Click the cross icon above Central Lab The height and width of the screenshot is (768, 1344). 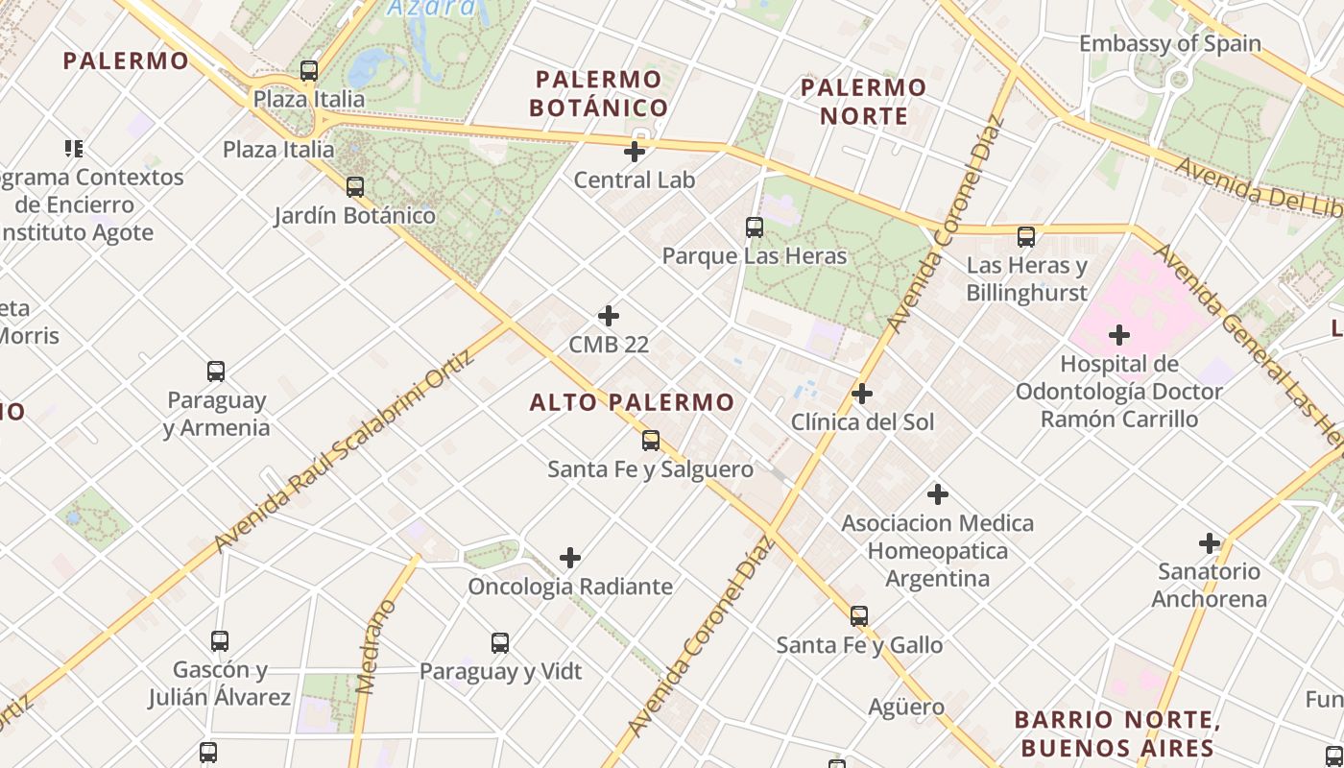click(635, 151)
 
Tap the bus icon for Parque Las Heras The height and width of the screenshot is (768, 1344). click(755, 228)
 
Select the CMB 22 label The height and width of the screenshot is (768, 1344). click(609, 344)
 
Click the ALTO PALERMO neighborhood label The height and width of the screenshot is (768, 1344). click(632, 402)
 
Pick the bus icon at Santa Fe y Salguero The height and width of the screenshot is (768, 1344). click(651, 441)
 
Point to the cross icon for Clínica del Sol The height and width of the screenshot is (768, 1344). click(862, 394)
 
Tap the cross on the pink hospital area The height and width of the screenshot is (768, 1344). click(1118, 335)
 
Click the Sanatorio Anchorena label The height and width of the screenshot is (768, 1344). click(1209, 585)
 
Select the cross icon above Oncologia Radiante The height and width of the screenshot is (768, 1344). click(570, 558)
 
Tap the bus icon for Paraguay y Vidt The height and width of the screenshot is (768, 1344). click(500, 643)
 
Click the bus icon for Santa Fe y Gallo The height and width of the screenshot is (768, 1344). click(859, 616)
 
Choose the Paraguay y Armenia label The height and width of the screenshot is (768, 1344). click(217, 413)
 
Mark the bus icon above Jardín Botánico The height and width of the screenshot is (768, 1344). click(355, 187)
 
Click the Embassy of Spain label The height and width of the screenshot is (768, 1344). click(1169, 43)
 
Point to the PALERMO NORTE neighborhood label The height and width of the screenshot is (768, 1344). click(863, 102)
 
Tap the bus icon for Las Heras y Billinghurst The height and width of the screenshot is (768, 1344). click(1026, 237)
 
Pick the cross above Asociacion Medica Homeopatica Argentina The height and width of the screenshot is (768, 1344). click(938, 495)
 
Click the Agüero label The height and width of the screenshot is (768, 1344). click(906, 708)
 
